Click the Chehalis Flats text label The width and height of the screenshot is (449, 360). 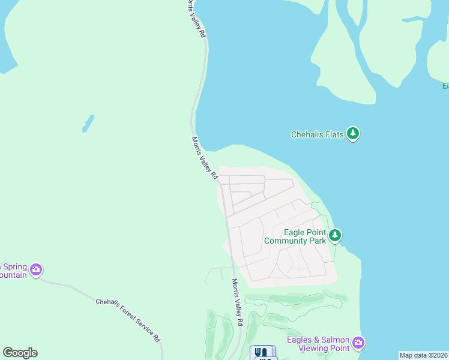[x=317, y=135]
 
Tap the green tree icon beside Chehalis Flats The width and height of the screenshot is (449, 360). [x=354, y=134]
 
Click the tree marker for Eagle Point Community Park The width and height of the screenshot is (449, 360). [x=335, y=235]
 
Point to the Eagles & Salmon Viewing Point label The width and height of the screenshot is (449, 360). [x=318, y=344]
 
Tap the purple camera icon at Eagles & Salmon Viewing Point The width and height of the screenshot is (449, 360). [x=358, y=343]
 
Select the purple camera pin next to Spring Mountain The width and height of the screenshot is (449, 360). [x=36, y=269]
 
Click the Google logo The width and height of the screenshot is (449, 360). [x=20, y=353]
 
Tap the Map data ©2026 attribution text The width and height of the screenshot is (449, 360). [x=424, y=355]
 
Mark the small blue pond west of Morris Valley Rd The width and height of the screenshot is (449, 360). [x=88, y=124]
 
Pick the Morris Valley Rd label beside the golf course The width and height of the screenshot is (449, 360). [x=237, y=302]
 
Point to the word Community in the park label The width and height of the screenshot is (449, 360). [x=289, y=241]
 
